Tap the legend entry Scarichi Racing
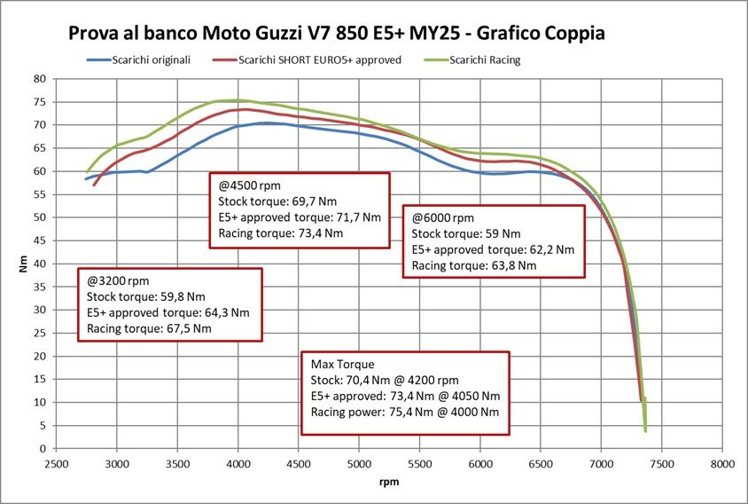point(484,59)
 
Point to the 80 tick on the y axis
point(41,78)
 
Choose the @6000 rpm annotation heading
point(443,217)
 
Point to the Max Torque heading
point(342,365)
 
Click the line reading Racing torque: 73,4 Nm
point(281,234)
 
